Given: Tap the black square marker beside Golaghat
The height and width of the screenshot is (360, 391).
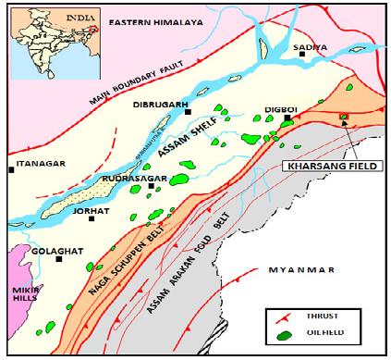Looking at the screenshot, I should coord(59,258).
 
